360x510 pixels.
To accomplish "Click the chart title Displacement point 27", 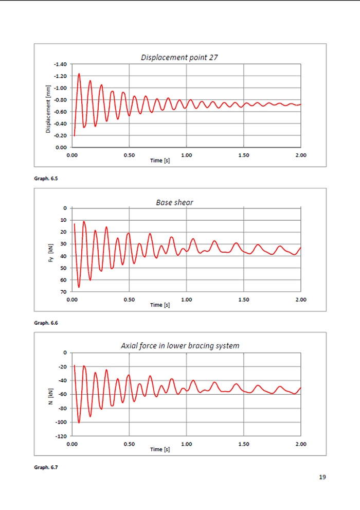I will click(179, 58).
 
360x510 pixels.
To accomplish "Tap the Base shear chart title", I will click(175, 202).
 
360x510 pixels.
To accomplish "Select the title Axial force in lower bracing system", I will click(180, 346).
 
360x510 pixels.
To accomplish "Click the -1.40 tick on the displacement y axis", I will click(61, 64).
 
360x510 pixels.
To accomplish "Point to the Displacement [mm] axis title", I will click(48, 109).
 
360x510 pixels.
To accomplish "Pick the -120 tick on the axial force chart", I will click(61, 436).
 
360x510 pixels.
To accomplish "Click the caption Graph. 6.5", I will click(45, 179).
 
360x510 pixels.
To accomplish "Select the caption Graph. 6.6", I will click(45, 323).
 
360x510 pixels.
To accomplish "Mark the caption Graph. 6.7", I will click(45, 467).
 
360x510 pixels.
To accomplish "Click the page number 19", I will click(322, 477).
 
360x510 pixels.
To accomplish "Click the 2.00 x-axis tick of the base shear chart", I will click(300, 300).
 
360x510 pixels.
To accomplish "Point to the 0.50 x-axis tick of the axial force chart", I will click(129, 444).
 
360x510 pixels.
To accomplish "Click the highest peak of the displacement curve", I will click(79, 74).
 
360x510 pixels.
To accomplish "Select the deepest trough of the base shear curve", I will click(79, 287).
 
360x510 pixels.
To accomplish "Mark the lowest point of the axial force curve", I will click(79, 423).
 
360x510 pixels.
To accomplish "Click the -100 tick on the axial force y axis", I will click(61, 422).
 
